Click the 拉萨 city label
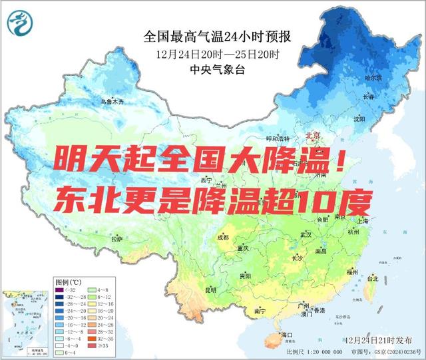[117, 238]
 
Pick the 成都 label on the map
[222, 238]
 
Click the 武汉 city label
[306, 235]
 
